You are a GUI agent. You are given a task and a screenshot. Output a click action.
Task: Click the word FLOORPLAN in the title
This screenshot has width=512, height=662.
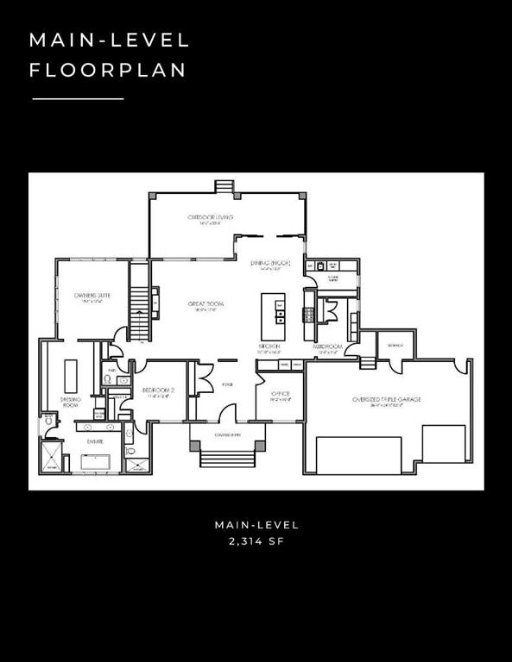pyautogui.click(x=108, y=71)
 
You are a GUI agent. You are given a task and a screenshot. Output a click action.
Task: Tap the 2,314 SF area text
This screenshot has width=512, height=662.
pyautogui.click(x=256, y=541)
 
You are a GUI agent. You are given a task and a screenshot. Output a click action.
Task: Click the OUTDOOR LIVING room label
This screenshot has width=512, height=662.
pyautogui.click(x=211, y=218)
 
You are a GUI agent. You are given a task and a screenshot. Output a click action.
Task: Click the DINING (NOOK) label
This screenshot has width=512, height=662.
pyautogui.click(x=270, y=263)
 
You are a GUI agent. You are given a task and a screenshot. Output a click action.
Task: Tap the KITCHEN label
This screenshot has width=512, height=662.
pyautogui.click(x=269, y=347)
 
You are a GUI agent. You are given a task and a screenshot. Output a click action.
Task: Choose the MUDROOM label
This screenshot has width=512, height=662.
pyautogui.click(x=328, y=347)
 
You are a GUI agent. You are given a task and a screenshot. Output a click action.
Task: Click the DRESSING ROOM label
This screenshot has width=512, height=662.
pyautogui.click(x=71, y=402)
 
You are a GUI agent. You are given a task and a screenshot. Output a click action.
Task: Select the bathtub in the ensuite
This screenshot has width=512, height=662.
pyautogui.click(x=101, y=461)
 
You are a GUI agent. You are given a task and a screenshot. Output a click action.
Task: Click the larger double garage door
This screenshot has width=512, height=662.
pyautogui.click(x=359, y=455)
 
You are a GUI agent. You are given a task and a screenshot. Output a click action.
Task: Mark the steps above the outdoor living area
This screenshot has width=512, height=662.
pyautogui.click(x=225, y=186)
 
